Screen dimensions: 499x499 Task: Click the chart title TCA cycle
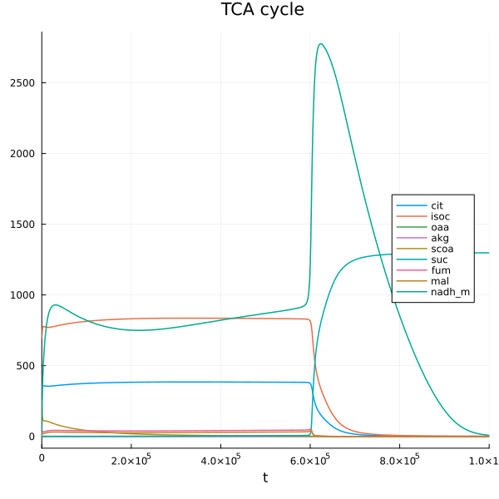(x=262, y=10)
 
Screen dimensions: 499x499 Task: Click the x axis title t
(x=265, y=477)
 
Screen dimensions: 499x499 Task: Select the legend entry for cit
(x=437, y=205)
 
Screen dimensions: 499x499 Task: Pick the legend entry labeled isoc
(x=440, y=216)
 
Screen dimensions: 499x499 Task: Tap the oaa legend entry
(x=439, y=227)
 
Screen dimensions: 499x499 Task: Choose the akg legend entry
(x=439, y=238)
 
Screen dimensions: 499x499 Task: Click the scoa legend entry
(x=441, y=249)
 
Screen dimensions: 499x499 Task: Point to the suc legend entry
(x=438, y=259)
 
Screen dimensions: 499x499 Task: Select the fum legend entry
(x=439, y=270)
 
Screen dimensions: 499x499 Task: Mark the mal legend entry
(x=438, y=281)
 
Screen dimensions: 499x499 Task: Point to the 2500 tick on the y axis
(x=24, y=83)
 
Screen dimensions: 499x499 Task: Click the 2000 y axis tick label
(x=24, y=154)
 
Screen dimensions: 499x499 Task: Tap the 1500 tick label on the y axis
(x=24, y=225)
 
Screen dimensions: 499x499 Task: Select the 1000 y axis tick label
(x=24, y=295)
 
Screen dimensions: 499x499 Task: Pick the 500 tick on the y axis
(x=27, y=366)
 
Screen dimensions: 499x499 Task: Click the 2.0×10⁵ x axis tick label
(x=131, y=460)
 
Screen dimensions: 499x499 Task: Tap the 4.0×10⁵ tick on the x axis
(x=220, y=460)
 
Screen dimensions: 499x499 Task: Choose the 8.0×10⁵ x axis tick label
(x=399, y=460)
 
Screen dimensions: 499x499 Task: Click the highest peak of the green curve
(x=320, y=44)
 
